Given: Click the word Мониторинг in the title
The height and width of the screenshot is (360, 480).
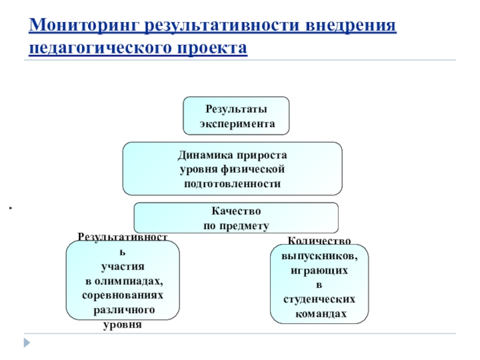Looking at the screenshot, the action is pyautogui.click(x=77, y=26).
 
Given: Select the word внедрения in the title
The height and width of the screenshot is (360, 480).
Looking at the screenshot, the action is pyautogui.click(x=344, y=26).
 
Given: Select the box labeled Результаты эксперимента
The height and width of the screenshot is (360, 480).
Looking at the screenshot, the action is pyautogui.click(x=236, y=115).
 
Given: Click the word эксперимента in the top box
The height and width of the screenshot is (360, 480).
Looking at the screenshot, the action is pyautogui.click(x=236, y=124).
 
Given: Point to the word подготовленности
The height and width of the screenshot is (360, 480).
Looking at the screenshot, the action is pyautogui.click(x=232, y=183).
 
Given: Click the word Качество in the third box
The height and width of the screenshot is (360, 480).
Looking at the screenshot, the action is pyautogui.click(x=235, y=211).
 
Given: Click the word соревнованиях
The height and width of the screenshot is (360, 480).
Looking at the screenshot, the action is pyautogui.click(x=122, y=296).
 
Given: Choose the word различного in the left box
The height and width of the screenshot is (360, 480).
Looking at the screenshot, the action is pyautogui.click(x=122, y=311).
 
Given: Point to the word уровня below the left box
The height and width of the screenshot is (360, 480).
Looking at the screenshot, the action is pyautogui.click(x=122, y=325).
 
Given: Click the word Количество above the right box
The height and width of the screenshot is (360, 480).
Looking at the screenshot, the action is pyautogui.click(x=320, y=241).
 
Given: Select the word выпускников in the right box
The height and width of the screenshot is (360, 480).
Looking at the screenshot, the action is pyautogui.click(x=319, y=256).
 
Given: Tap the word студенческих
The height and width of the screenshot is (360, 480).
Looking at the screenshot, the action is pyautogui.click(x=319, y=299).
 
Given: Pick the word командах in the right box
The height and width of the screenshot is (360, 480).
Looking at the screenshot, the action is pyautogui.click(x=319, y=313).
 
